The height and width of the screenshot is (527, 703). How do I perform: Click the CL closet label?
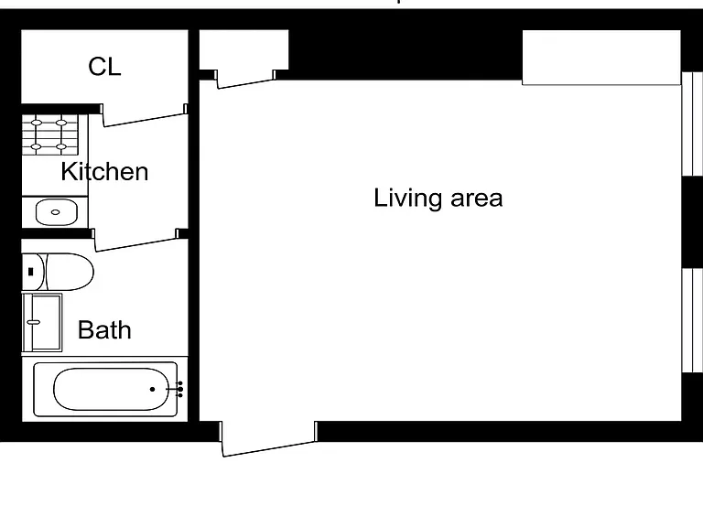tap(104, 66)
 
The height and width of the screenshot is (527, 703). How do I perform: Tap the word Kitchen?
tap(104, 171)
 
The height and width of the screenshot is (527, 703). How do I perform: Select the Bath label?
tap(104, 330)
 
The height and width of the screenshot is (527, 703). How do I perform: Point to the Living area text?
tap(438, 198)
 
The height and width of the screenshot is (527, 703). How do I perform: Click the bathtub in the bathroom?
tap(105, 389)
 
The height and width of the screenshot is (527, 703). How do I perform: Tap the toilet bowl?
tap(70, 272)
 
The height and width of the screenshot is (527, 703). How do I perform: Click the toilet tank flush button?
tap(31, 272)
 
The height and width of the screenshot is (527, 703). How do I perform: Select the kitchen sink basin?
tap(56, 212)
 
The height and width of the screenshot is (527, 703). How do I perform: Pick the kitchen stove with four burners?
tap(49, 134)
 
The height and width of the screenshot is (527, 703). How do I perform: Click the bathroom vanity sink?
tap(42, 322)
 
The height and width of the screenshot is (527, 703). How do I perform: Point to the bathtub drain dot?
tap(153, 389)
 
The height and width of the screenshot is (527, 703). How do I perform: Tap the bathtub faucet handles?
tap(178, 389)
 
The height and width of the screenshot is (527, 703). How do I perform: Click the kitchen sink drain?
tap(56, 212)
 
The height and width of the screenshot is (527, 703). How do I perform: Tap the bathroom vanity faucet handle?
tap(34, 322)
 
